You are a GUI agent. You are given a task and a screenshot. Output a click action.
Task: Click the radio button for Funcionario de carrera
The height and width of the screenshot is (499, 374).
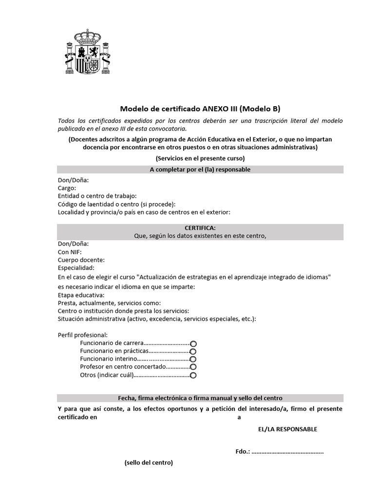click(x=193, y=344)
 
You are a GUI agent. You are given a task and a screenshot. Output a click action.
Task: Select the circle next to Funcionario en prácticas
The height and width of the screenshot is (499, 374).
click(x=193, y=351)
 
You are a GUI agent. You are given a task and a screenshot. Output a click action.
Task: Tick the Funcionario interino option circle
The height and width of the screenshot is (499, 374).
click(x=193, y=359)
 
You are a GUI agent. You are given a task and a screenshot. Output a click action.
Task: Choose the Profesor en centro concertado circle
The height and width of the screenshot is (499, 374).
click(x=193, y=367)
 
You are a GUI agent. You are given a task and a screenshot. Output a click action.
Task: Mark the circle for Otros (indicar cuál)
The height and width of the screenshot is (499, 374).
click(x=193, y=375)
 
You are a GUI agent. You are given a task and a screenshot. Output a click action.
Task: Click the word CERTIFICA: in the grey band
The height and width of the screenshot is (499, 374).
click(x=200, y=228)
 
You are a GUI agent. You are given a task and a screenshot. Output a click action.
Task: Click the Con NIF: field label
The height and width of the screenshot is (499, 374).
click(x=70, y=252)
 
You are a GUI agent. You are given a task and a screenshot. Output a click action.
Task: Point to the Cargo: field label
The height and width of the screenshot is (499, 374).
click(x=67, y=188)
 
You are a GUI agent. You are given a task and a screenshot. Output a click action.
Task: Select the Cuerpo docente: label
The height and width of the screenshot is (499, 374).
click(x=81, y=260)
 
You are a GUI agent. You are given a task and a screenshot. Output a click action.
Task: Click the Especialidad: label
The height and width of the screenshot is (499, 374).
click(x=76, y=268)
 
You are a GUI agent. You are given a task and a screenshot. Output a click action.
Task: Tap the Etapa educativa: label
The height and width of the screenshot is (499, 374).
click(x=81, y=295)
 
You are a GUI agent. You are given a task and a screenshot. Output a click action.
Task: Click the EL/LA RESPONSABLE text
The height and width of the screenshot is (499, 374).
click(x=287, y=429)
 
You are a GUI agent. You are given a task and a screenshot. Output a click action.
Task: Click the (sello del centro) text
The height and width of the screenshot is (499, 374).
click(x=149, y=462)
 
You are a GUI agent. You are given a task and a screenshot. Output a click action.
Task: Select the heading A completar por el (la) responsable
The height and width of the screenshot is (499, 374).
click(x=200, y=170)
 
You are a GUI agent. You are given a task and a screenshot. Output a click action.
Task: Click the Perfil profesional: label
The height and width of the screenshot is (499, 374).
click(x=82, y=335)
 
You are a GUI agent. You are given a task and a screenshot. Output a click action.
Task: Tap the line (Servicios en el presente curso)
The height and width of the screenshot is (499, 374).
click(x=200, y=158)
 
